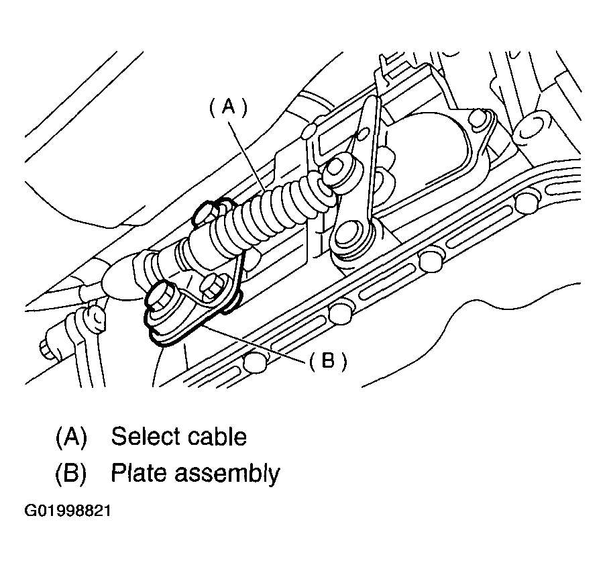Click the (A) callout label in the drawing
point(228,107)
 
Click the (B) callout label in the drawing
point(328,362)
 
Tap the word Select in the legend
point(145,436)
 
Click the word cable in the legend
point(217,436)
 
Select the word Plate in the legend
point(139,473)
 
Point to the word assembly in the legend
point(227,474)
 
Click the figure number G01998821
point(68,511)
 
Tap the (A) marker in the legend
point(72,437)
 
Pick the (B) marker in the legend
point(71,473)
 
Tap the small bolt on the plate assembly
point(211,287)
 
